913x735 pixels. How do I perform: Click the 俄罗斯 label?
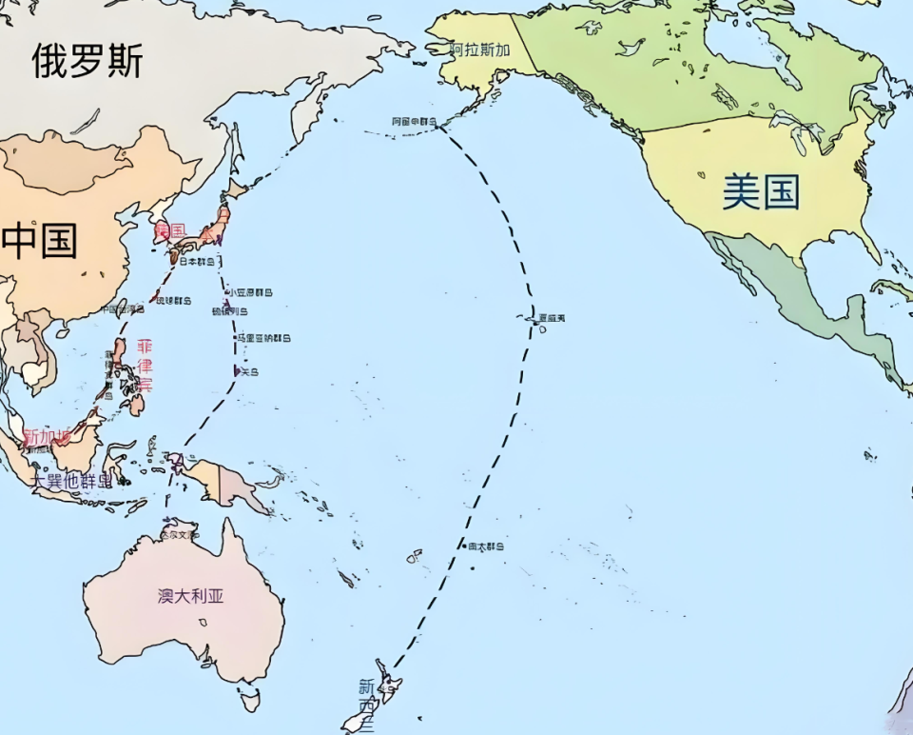pos(87,60)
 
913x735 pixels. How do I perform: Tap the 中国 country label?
pos(40,240)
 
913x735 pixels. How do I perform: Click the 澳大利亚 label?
pos(191,596)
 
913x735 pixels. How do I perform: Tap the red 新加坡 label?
pos(47,436)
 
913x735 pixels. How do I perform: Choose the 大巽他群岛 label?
pos(72,480)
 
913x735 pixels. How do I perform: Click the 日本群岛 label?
pos(199,261)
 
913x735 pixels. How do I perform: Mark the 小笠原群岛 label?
pos(249,292)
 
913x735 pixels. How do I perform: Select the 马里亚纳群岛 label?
pos(265,338)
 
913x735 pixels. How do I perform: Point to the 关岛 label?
pos(249,371)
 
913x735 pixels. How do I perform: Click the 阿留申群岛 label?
pos(413,122)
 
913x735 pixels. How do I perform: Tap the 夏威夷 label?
pos(551,317)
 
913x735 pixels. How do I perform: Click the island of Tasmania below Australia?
pos(249,702)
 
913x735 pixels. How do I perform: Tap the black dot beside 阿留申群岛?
pos(441,123)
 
